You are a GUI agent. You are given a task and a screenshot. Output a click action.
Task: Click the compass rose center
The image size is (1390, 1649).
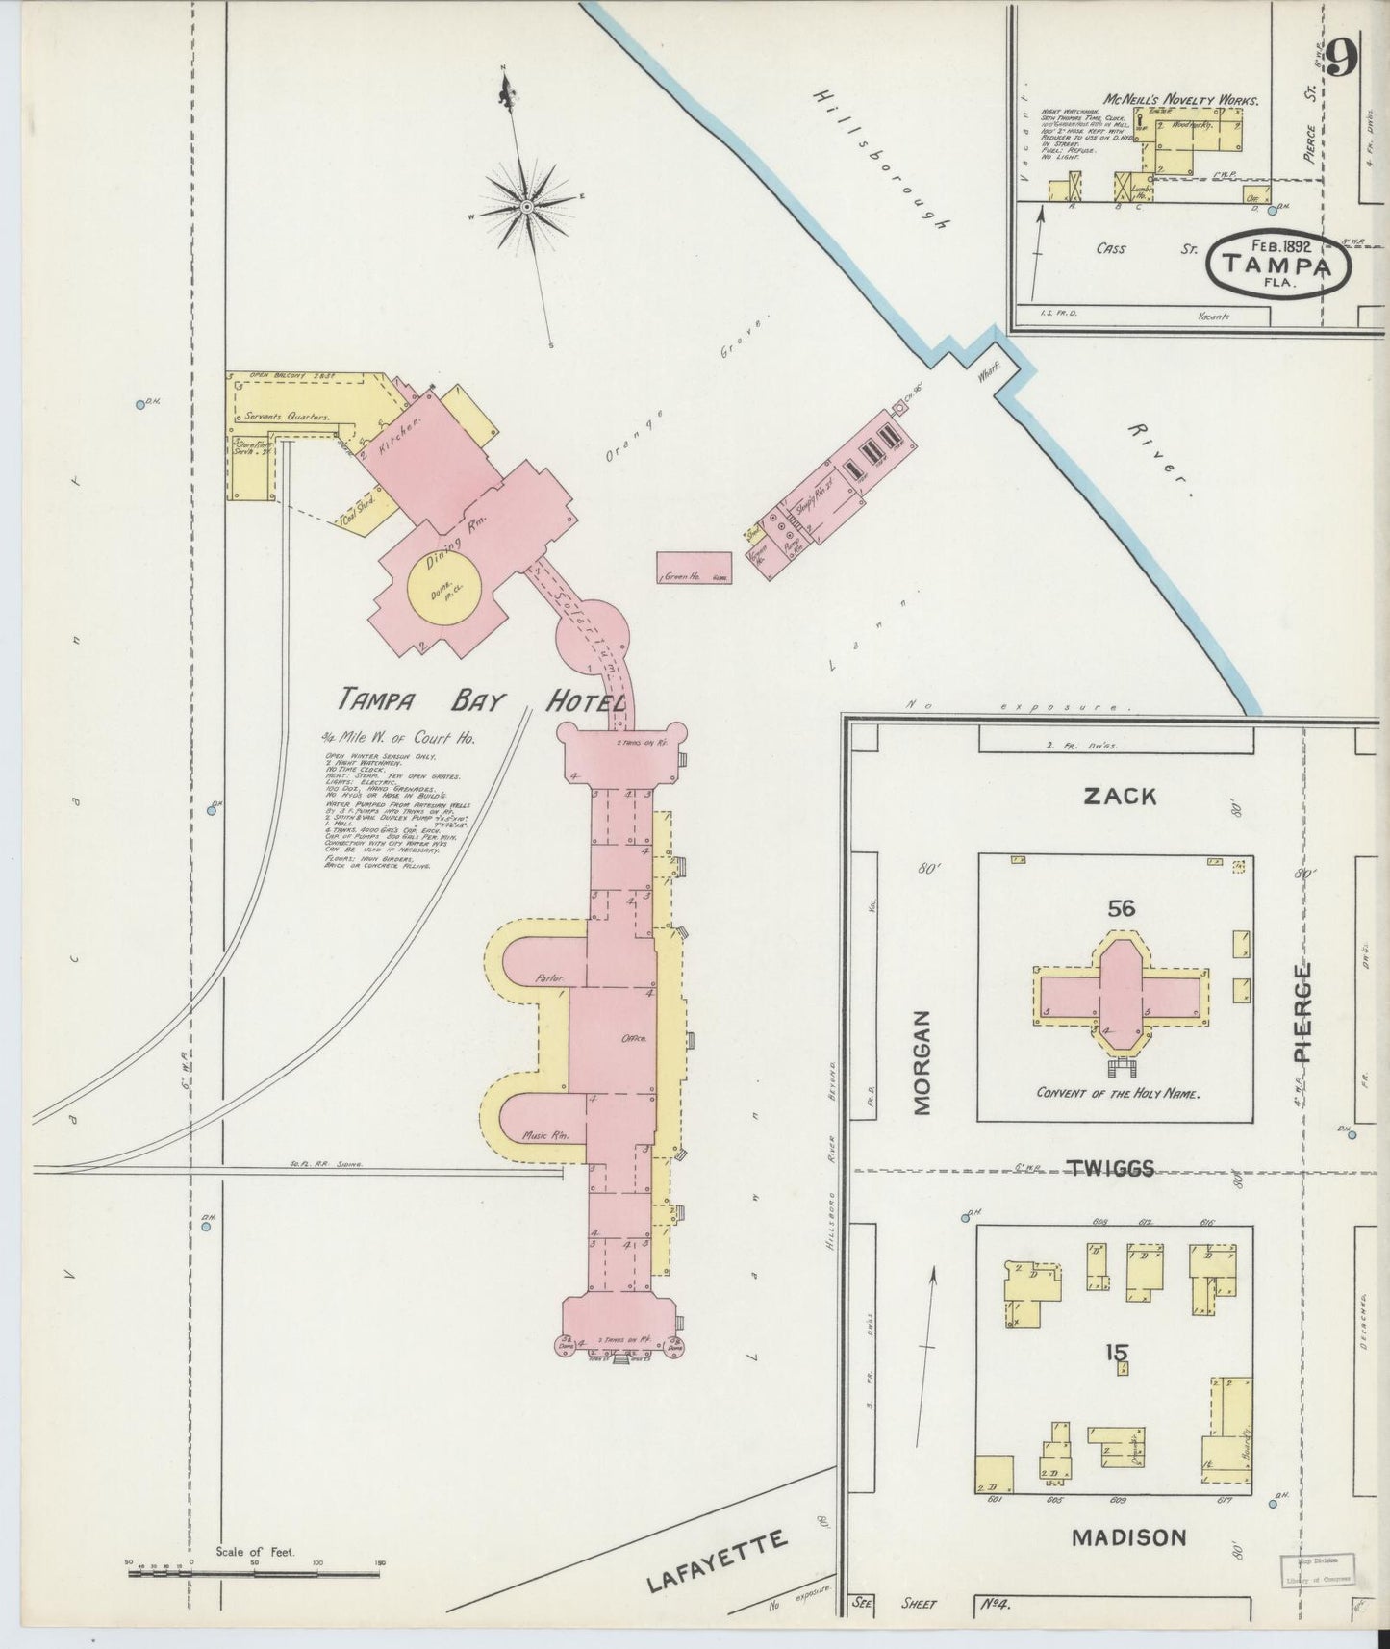point(528,207)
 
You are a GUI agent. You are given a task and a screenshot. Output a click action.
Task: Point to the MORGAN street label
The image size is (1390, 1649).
point(922,1062)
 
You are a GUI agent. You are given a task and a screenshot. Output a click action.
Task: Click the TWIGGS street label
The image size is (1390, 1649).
point(1110,1169)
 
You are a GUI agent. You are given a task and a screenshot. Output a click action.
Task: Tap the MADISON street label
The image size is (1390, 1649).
point(1128,1537)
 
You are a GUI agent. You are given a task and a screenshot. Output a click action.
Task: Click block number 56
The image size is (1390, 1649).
point(1121,907)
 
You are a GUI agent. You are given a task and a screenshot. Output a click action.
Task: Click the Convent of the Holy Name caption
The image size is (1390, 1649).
point(1120,1093)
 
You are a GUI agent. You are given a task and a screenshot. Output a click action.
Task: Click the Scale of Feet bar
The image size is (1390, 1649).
point(254,1574)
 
